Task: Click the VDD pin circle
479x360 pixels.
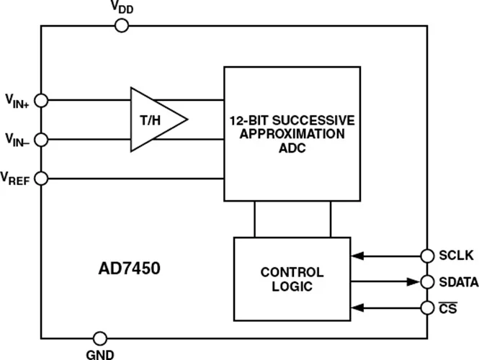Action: pos(122,26)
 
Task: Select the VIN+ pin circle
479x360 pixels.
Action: pos(41,100)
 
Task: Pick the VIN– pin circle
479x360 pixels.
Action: pos(41,139)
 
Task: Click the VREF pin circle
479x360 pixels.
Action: pos(41,178)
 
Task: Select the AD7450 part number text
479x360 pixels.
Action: pos(130,269)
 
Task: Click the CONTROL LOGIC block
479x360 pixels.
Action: pos(292,279)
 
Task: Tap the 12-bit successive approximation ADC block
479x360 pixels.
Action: pos(292,134)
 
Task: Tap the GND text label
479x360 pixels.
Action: pos(100,354)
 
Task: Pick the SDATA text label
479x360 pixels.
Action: pos(458,282)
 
